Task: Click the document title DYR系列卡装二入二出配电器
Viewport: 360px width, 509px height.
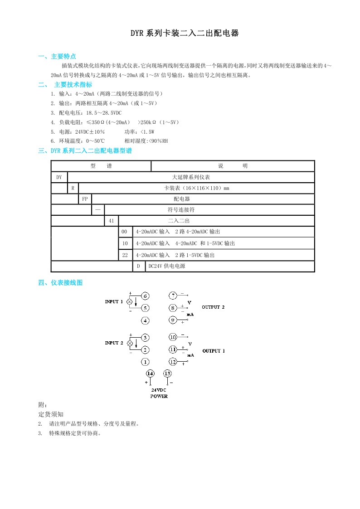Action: (x=184, y=33)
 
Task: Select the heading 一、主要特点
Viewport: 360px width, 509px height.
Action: (x=57, y=57)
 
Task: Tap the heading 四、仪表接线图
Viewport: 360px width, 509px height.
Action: (x=60, y=283)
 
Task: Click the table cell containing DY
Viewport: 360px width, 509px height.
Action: (x=59, y=177)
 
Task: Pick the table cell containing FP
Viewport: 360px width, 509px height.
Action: (x=85, y=199)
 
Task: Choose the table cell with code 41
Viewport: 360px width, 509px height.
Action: (x=111, y=221)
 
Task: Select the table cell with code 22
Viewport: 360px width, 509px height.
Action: (x=125, y=255)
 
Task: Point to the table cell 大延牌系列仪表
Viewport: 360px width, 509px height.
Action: (x=191, y=177)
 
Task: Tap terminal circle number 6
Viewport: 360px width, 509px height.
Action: (x=145, y=296)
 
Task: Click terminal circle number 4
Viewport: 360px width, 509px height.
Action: (x=145, y=321)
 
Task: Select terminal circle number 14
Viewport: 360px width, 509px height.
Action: (x=151, y=373)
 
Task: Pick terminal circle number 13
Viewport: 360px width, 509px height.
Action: (x=167, y=373)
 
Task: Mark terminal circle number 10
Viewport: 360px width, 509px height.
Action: (x=173, y=337)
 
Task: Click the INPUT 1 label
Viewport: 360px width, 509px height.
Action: (x=114, y=301)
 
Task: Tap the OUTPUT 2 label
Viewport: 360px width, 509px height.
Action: (x=213, y=307)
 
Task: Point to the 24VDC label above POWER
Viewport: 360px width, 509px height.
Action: (x=159, y=390)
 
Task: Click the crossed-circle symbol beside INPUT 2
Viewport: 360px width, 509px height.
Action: (x=130, y=344)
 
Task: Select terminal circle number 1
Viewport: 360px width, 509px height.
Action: (x=145, y=362)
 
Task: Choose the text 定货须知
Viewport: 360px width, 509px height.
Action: (x=51, y=414)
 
